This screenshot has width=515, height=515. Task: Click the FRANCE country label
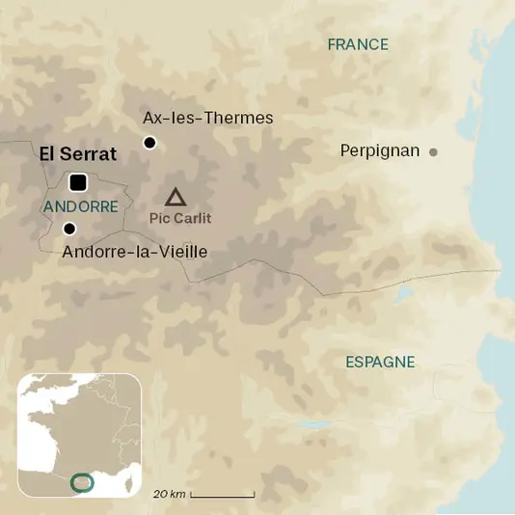click(358, 44)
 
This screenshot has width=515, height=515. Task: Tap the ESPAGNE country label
click(380, 362)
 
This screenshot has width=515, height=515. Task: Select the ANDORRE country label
click(81, 206)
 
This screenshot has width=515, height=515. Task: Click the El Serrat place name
click(77, 153)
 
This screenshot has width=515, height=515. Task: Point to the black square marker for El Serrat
click(78, 181)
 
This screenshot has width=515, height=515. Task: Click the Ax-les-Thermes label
click(207, 118)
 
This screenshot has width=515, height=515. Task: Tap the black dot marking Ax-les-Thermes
click(149, 143)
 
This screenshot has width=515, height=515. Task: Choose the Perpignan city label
click(380, 150)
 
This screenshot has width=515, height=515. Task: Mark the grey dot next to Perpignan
click(433, 151)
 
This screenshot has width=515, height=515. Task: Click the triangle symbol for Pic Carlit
click(175, 198)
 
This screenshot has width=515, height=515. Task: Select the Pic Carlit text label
click(180, 218)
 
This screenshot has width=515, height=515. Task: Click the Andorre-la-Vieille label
click(134, 252)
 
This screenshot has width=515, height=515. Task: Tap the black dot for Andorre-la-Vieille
click(69, 229)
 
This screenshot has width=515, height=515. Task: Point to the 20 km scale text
click(169, 494)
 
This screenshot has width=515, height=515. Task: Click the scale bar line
click(223, 496)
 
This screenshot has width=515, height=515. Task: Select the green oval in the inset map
click(84, 480)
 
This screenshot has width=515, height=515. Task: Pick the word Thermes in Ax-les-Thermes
click(238, 118)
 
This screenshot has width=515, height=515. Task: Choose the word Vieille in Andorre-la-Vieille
click(182, 252)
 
